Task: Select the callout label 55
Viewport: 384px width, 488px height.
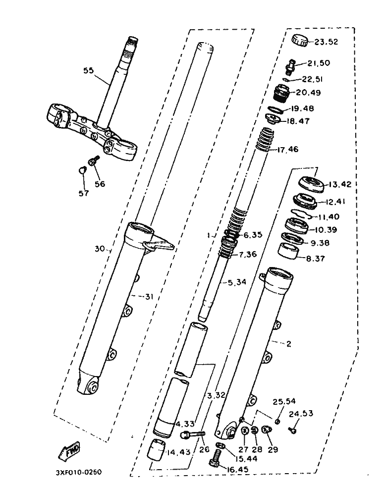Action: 88,71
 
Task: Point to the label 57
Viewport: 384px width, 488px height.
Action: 83,193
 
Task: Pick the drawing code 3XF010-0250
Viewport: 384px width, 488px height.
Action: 79,472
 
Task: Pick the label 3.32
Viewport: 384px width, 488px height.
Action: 217,395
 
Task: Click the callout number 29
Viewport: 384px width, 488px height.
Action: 273,450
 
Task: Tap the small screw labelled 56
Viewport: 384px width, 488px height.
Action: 93,162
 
